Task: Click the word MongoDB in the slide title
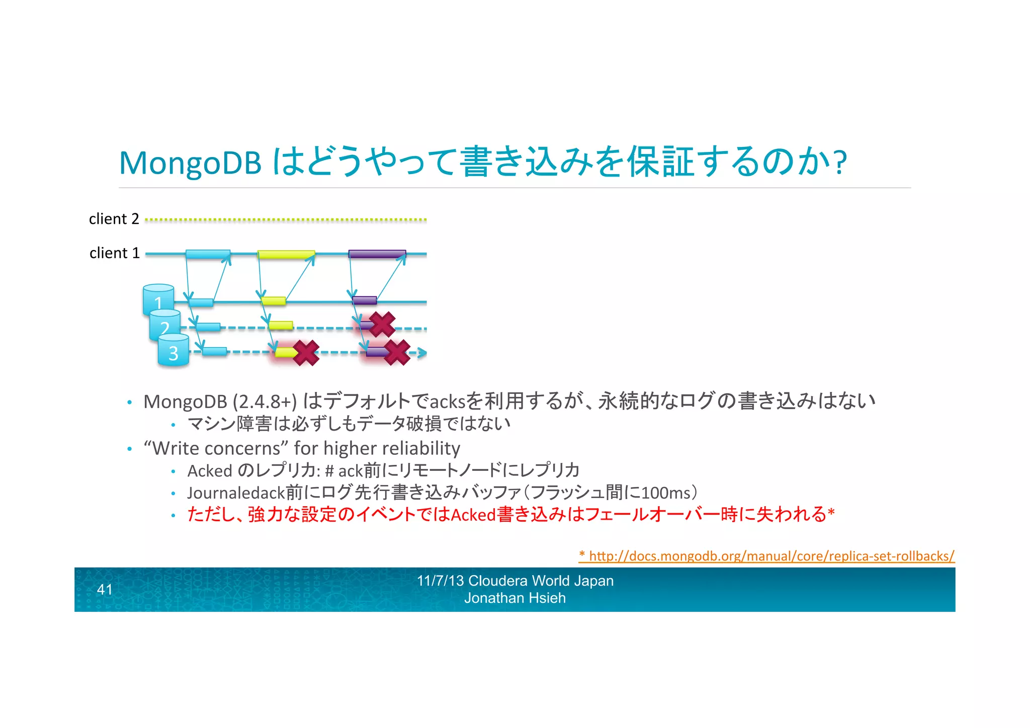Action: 190,164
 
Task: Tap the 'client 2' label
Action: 114,219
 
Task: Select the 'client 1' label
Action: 114,253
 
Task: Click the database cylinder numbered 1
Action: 158,299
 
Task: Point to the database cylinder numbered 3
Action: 174,351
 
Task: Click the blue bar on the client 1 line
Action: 208,254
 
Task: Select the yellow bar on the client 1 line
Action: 286,255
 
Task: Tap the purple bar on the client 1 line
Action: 377,254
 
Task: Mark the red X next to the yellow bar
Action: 306,353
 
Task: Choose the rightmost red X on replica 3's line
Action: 397,352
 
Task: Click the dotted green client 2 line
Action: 286,220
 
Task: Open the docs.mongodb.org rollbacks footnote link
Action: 766,556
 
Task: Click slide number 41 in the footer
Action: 105,590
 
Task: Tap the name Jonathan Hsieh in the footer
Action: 515,598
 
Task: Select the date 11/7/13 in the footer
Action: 440,581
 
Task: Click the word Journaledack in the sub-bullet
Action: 236,493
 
